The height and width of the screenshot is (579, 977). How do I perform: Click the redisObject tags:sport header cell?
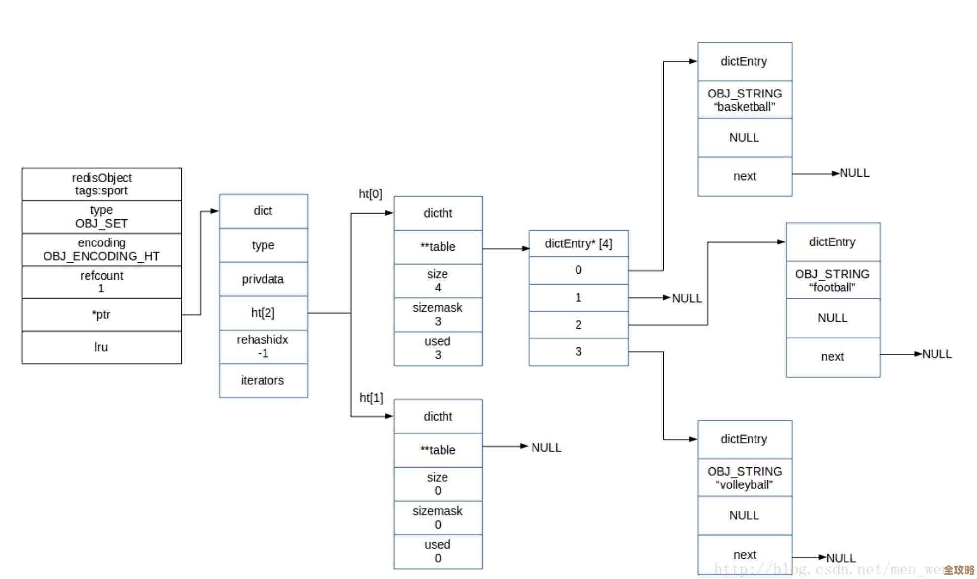101,184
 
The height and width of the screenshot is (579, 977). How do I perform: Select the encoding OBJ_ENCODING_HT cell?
101,249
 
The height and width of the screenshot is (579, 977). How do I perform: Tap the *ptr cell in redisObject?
101,315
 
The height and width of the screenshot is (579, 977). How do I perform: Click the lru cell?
101,347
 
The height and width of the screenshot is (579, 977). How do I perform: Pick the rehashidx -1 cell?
263,346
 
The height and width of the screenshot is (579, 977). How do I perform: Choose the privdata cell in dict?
263,279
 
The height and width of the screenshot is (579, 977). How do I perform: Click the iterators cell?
263,380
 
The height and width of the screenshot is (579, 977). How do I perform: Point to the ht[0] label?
370,194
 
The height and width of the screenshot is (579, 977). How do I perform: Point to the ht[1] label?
371,398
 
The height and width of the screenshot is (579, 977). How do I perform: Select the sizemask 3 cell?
438,314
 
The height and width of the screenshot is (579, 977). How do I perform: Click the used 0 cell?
438,551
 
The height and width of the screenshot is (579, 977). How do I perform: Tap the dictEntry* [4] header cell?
578,243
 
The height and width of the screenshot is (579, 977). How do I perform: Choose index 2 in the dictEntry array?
578,325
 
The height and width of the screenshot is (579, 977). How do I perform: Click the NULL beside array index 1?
687,298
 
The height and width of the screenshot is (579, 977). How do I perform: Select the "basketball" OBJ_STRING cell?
745,100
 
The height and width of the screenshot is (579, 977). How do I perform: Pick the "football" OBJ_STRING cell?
833,280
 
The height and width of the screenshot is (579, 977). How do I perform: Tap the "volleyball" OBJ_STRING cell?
745,478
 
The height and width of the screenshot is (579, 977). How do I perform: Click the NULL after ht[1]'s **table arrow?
546,448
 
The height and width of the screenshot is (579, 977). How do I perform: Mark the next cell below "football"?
833,357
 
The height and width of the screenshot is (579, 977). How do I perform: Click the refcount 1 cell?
101,282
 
